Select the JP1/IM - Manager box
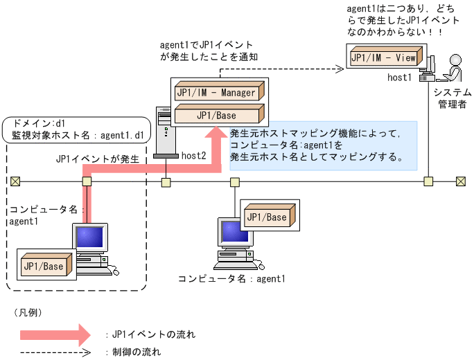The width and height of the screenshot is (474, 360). (217, 92)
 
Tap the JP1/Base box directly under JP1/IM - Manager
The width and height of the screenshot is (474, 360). (217, 115)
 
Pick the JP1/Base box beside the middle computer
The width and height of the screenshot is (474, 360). (267, 217)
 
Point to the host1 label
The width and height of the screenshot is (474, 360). (401, 78)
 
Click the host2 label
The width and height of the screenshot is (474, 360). (194, 156)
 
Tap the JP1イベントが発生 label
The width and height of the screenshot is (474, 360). (98, 159)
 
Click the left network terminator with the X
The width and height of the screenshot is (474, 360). (15, 181)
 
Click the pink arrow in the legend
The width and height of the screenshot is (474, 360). (55, 335)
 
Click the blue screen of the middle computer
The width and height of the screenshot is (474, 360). (229, 233)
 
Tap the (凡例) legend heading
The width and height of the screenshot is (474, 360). (28, 313)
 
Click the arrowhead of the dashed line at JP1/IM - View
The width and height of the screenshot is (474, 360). (340, 68)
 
